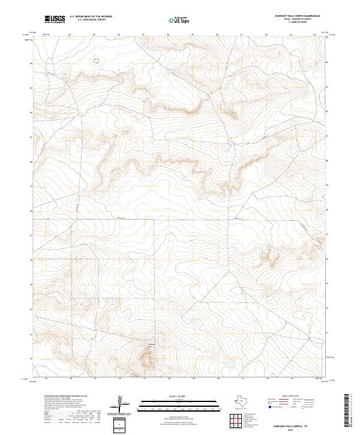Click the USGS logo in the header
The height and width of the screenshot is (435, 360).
tap(55, 19)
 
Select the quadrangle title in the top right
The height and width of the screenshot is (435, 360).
tap(297, 16)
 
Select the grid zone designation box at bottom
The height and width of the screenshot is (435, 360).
tap(123, 425)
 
